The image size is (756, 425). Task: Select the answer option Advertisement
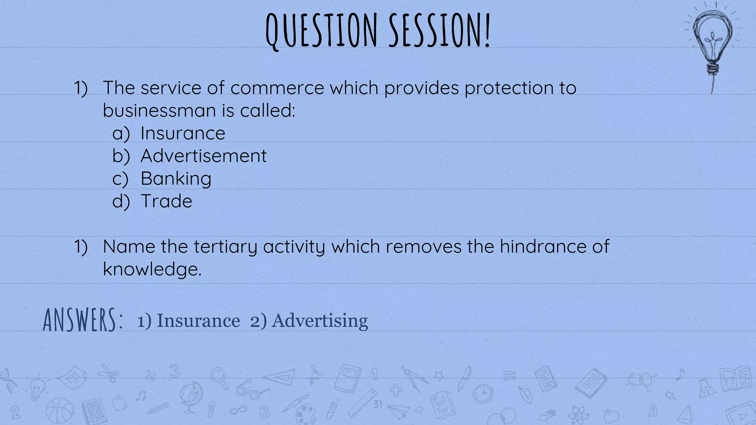pos(203,156)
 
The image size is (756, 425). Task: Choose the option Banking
pos(176,179)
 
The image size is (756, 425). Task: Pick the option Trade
pos(166,201)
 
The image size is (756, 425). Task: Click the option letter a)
pos(121,134)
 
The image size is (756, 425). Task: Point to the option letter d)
pos(121,201)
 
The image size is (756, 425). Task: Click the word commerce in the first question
pos(277,88)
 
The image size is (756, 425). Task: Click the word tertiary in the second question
pos(225,247)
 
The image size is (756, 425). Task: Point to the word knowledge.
pos(152,269)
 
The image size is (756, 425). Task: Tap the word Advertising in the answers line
pos(320,321)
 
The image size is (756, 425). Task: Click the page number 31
pos(377,404)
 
